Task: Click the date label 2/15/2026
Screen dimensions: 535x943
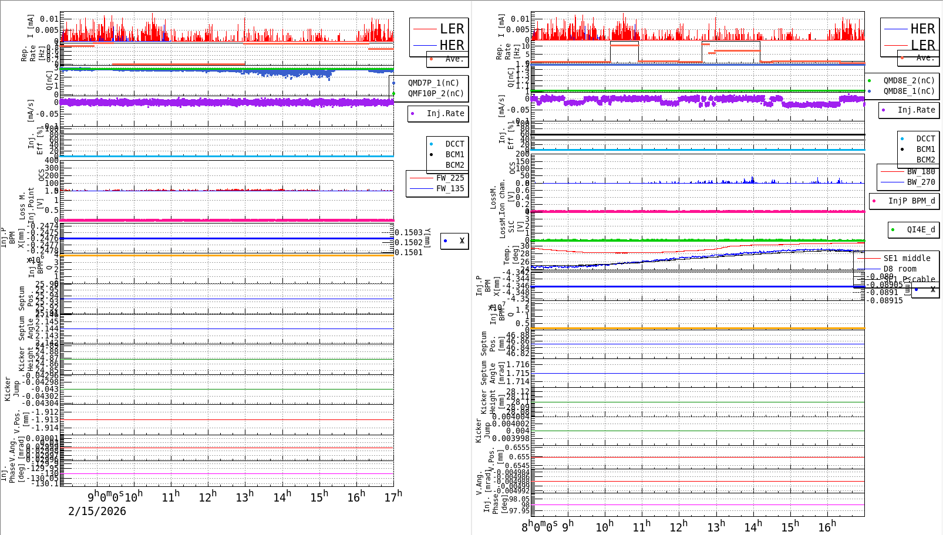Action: click(97, 511)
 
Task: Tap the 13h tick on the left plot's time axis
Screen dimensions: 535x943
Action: click(244, 497)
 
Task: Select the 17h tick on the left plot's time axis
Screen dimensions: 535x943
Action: click(393, 497)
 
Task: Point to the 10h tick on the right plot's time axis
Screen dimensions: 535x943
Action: click(605, 526)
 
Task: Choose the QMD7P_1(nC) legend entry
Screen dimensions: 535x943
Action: click(433, 83)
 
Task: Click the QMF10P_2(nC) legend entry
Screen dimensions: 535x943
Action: click(435, 93)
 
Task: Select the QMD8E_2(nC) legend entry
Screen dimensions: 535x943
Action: click(908, 80)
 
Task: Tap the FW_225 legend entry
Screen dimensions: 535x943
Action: click(450, 178)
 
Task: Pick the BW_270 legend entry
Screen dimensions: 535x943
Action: click(921, 182)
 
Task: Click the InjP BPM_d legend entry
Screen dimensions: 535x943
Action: click(911, 201)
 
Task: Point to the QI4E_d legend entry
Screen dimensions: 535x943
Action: click(921, 229)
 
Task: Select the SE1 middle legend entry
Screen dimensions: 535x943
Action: click(907, 258)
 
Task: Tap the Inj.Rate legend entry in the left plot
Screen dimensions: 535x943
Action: click(445, 113)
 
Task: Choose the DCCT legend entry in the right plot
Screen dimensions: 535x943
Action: click(925, 138)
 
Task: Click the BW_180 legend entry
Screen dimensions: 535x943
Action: click(921, 171)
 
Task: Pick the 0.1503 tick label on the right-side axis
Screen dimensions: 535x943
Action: click(409, 232)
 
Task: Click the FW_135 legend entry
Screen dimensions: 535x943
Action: click(450, 188)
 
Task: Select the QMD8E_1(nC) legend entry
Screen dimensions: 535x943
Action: click(908, 91)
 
